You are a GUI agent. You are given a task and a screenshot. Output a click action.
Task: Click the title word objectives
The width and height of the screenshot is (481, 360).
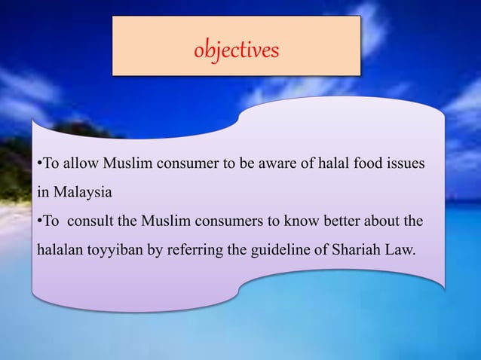click(236, 50)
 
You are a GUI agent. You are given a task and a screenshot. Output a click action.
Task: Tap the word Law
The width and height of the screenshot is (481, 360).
click(400, 251)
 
